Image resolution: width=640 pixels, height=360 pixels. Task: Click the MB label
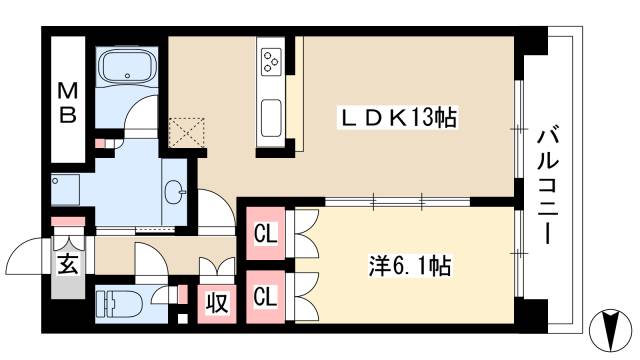68,102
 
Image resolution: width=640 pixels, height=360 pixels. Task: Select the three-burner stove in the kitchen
271,62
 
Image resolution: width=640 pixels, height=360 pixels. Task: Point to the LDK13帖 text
395,118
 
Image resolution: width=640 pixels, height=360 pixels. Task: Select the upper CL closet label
265,237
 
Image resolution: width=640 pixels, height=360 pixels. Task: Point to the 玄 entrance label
67,265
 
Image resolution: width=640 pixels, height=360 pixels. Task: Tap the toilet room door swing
150,262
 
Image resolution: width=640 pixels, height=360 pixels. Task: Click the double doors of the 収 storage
216,269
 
